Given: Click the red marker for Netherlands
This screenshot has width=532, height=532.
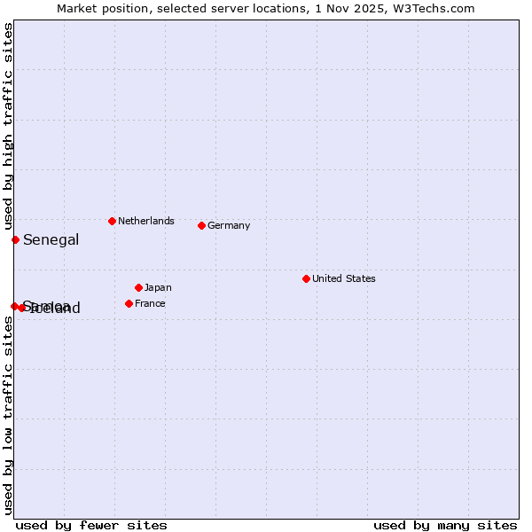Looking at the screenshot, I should (x=112, y=221).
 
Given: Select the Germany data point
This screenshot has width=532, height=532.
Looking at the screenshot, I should (x=201, y=225).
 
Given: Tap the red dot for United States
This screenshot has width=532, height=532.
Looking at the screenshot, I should (x=306, y=278).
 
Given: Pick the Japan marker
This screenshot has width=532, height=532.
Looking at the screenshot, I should (x=138, y=287).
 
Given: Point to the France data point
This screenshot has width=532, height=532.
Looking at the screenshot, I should (x=129, y=303).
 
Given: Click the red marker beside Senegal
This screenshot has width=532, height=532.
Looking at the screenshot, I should (x=15, y=239).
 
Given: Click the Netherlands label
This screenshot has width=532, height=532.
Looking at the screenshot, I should (x=146, y=221).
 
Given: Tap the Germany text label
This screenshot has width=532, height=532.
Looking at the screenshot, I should (x=229, y=225).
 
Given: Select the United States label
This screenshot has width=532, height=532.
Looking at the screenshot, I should (x=344, y=278).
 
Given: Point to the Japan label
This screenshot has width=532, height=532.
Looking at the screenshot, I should (x=158, y=287).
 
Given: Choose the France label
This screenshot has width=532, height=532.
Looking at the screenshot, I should (x=150, y=303).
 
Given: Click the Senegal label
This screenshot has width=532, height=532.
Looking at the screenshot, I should (x=51, y=239).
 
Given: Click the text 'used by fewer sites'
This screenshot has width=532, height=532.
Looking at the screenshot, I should (x=91, y=525).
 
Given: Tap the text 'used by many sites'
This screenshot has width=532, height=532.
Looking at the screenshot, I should (x=445, y=525).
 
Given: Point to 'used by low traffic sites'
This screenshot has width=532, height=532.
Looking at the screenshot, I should (x=8, y=416).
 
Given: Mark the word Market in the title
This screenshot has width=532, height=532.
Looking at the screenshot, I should (x=77, y=8).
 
